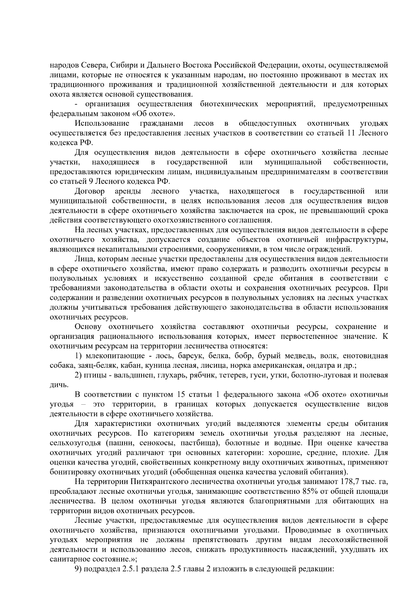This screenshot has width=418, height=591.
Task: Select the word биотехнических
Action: tap(229, 104)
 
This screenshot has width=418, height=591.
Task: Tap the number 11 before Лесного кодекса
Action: tap(351, 133)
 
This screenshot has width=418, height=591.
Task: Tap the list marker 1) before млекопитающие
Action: tap(78, 356)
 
